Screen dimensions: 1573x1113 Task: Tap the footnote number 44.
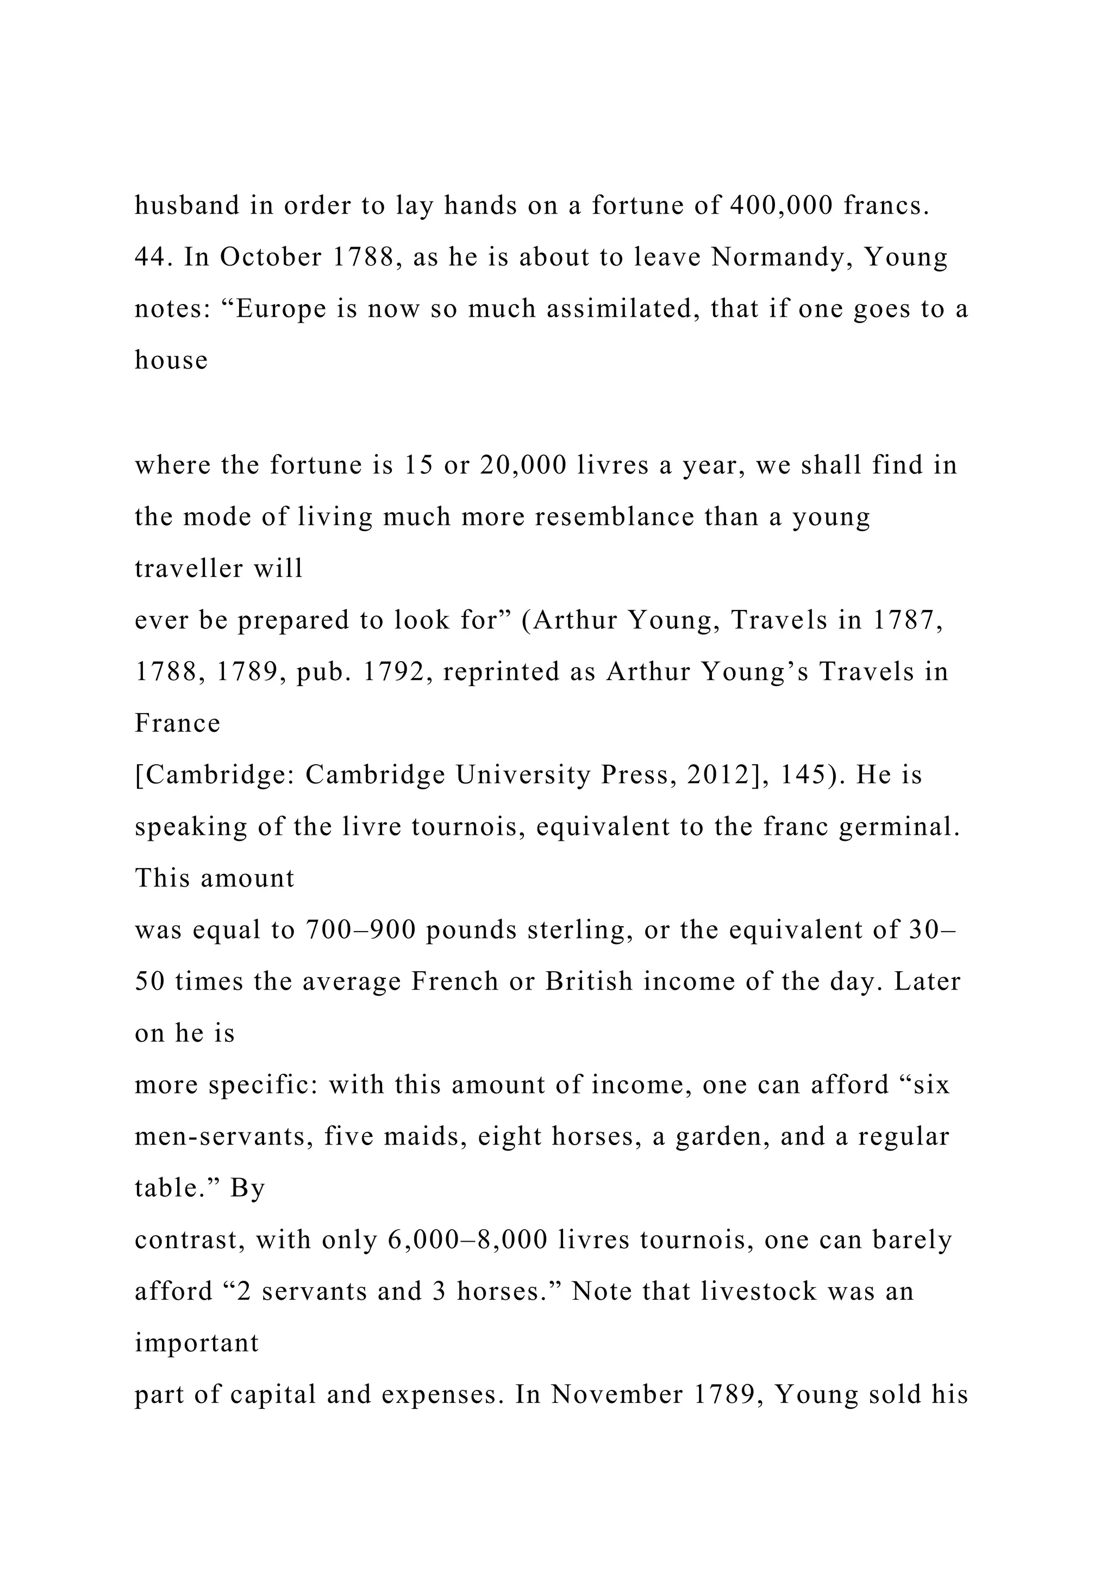[x=154, y=257]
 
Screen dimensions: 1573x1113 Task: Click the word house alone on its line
[x=171, y=360]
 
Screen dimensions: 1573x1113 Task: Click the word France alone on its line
[x=178, y=723]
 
